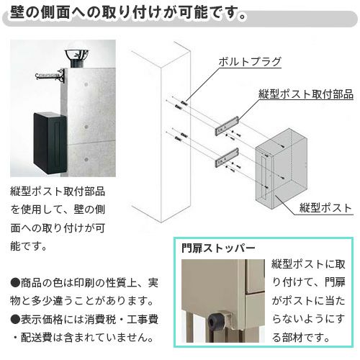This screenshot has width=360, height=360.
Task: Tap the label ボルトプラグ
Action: pos(249,61)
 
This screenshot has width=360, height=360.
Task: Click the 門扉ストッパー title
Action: pos(220,248)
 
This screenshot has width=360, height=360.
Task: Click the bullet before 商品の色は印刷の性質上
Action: pos(15,282)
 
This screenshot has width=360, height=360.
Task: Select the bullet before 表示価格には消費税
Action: pos(15,318)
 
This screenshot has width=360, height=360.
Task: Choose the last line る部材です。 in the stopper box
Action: pos(301,335)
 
